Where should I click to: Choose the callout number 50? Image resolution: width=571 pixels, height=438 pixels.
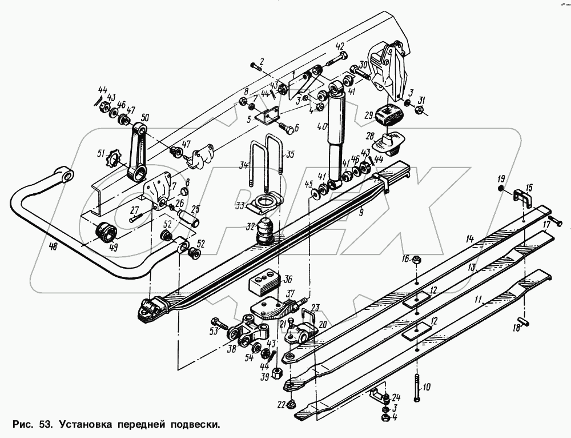tap(144, 117)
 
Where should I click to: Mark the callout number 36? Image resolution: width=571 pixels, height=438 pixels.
tap(288, 279)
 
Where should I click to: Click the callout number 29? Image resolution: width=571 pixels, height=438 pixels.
tap(369, 114)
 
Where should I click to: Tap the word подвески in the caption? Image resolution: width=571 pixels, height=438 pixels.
tap(192, 425)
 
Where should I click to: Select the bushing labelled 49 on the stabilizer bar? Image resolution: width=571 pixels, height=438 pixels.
tap(106, 232)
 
